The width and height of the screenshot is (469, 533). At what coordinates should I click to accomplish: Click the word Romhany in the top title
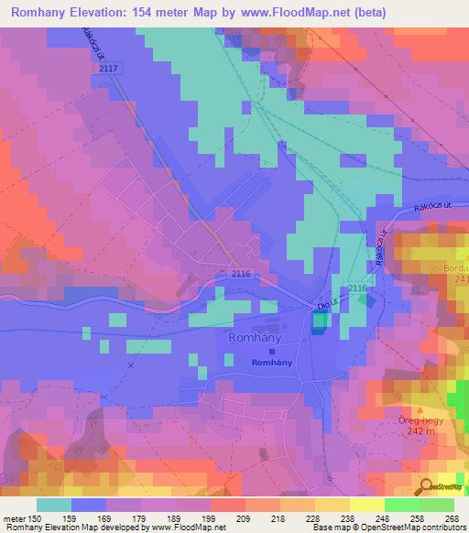tap(44, 13)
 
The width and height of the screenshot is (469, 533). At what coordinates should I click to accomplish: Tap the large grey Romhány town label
tap(252, 338)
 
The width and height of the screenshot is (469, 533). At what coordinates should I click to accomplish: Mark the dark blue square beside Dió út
tap(319, 322)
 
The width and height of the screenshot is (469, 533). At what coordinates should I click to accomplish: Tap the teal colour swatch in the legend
tap(54, 505)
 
